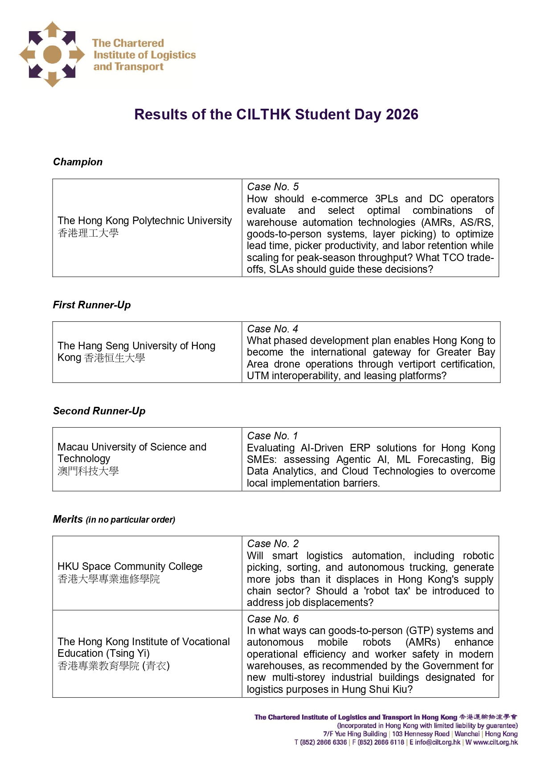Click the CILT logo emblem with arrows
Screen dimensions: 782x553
52,54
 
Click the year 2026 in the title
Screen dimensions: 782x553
402,115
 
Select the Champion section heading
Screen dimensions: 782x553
78,162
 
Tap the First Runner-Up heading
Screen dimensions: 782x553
92,305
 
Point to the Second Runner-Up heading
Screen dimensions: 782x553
99,411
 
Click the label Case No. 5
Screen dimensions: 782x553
273,187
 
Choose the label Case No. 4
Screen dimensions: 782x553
272,329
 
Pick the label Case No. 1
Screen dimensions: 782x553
272,436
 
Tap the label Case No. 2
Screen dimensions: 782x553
273,544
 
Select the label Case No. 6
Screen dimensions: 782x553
273,619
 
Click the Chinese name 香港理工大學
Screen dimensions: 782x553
88,233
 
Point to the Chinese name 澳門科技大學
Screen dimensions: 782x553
88,471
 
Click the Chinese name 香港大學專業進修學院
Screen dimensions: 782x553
109,579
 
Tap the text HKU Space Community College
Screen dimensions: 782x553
130,566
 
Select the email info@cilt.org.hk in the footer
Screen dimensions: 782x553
438,742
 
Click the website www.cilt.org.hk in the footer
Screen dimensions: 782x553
496,742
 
